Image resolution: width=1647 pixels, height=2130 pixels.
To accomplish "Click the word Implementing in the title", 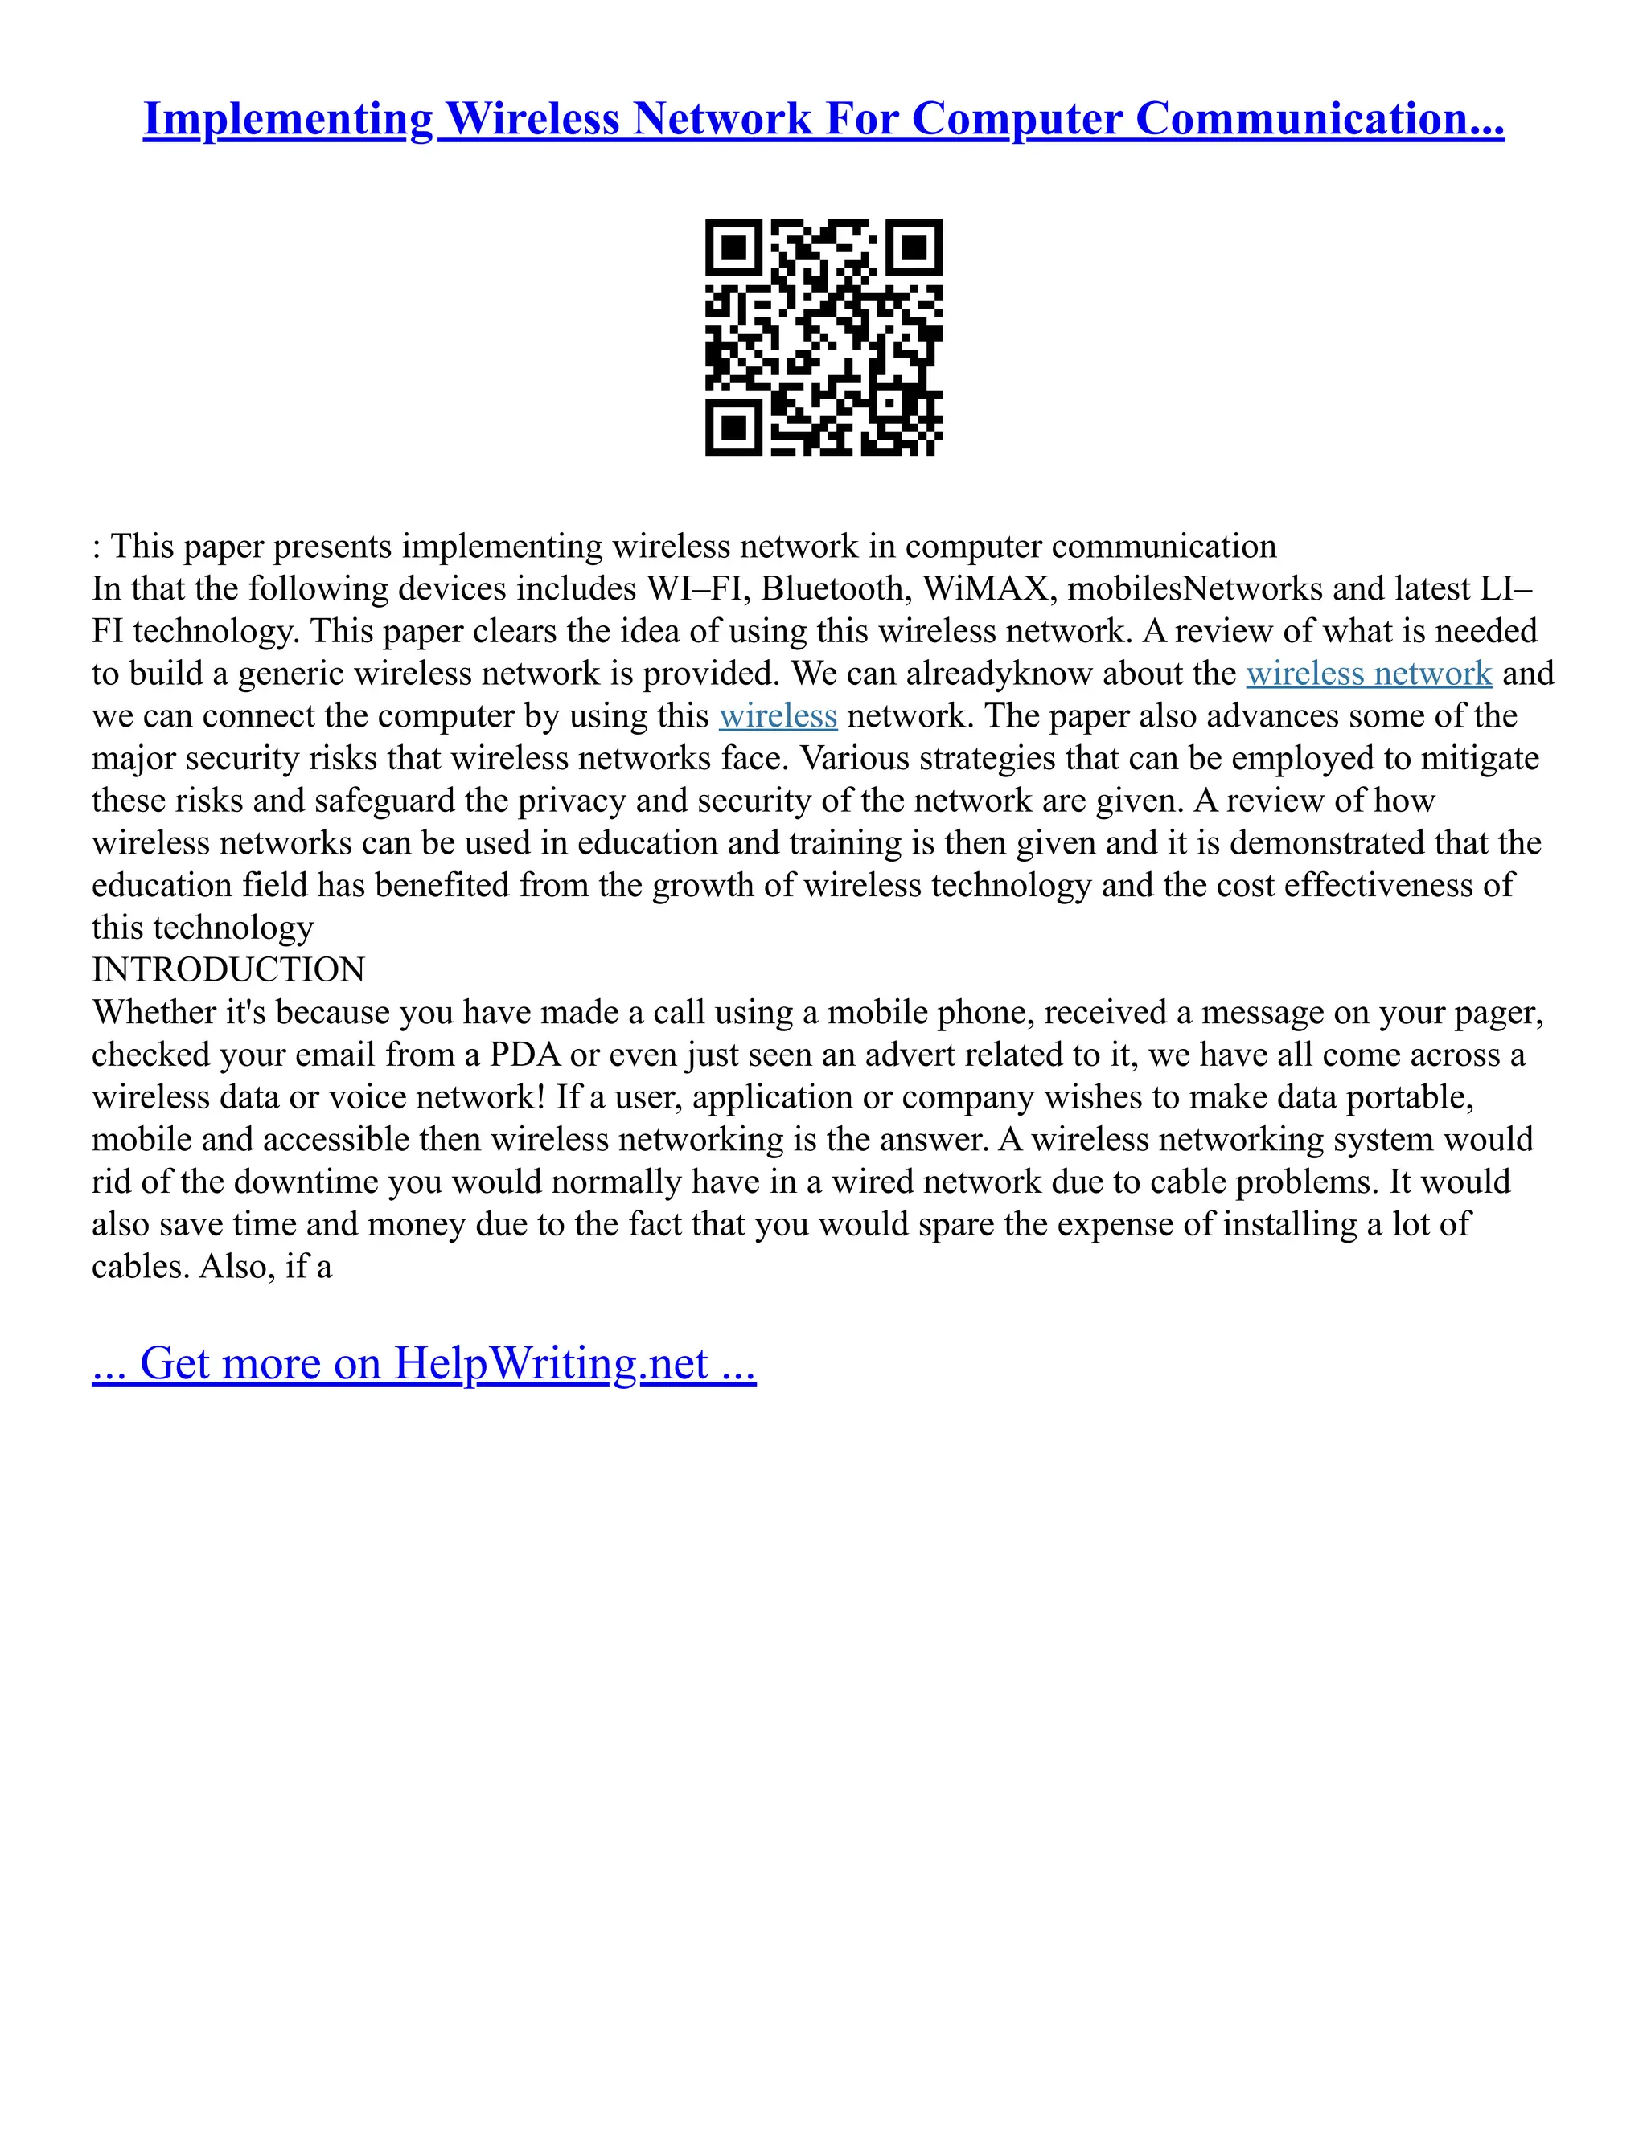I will coord(288,119).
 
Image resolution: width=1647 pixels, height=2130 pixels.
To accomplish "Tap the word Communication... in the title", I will coord(1319,119).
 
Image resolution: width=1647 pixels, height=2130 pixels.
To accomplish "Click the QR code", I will coord(823,337).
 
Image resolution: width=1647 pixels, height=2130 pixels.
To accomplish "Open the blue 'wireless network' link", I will coord(1369,673).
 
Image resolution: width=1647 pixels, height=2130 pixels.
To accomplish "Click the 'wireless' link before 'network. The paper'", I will coord(778,716).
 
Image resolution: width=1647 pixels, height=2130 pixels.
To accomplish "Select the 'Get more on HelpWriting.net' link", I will coord(424,1363).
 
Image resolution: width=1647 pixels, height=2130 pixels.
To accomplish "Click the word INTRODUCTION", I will coord(228,969).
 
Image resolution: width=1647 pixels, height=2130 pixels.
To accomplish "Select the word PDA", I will coord(525,1055).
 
